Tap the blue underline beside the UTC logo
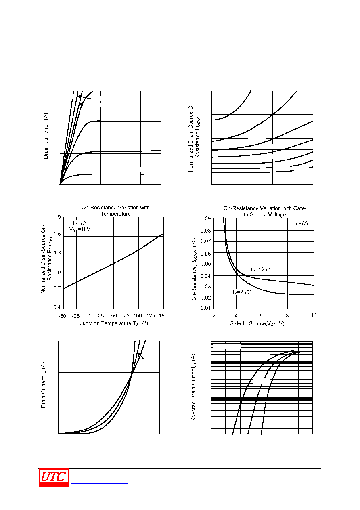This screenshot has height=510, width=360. pos(99,483)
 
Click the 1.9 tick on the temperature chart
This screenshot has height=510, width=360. pos(57,217)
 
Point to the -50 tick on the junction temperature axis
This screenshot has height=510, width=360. pos(62,316)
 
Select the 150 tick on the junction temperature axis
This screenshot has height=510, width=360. pos(163,315)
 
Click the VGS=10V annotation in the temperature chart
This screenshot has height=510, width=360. pos(80,229)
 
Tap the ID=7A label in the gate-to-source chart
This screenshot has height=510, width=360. pos(301,223)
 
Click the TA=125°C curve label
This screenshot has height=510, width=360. pos(261,270)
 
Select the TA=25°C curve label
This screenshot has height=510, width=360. pos(241,292)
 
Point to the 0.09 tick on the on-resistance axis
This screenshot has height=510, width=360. pos(205,219)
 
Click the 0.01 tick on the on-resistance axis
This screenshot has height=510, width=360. pos(205,308)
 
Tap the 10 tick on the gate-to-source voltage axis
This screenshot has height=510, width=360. pos(314,315)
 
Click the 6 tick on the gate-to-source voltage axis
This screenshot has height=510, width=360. pos(261,315)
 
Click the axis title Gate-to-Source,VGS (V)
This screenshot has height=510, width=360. pos(257,323)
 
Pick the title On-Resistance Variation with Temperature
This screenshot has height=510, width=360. pos(115,211)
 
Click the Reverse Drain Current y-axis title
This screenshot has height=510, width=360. pos(193,387)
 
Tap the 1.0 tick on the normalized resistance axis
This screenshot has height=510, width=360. pos(57,273)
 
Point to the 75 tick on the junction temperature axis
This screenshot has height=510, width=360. pos(126,315)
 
